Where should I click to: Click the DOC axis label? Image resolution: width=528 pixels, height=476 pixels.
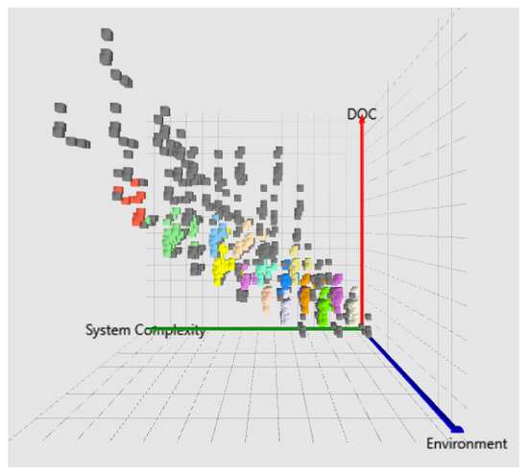tap(361, 114)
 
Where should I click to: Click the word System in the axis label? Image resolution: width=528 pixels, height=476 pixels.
tap(108, 330)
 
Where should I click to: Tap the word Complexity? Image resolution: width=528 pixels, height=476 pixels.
tap(170, 330)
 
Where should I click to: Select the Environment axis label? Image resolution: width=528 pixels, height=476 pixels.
tap(467, 443)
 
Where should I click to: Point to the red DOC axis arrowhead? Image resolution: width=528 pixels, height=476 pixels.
tap(362, 119)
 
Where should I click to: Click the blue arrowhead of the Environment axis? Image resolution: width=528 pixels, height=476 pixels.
tap(457, 429)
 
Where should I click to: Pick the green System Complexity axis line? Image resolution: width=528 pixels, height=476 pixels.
tap(256, 329)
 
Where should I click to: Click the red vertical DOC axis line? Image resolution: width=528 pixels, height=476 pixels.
tap(362, 223)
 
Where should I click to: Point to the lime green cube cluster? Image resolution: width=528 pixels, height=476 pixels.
tap(324, 306)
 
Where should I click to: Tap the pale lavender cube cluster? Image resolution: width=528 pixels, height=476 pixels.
tap(286, 311)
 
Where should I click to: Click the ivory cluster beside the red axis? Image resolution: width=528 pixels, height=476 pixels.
tap(351, 304)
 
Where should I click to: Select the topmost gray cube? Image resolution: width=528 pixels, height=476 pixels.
tap(108, 35)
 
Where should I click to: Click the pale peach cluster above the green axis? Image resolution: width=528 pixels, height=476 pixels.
tap(267, 299)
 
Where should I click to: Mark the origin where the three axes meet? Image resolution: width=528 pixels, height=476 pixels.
tap(363, 329)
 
